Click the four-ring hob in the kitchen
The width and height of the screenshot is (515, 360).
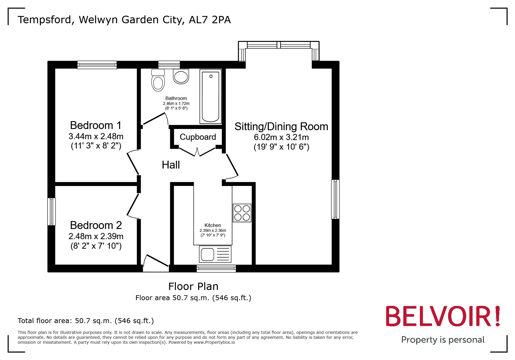pos(242,213)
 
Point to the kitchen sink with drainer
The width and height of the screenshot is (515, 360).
pos(215,254)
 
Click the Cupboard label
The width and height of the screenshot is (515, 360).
pos(198,137)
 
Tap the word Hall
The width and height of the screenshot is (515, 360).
pos(171,165)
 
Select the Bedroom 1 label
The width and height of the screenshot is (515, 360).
pos(96,125)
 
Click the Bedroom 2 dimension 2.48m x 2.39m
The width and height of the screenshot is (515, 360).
pos(96,236)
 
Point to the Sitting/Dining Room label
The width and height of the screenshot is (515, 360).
pos(281,126)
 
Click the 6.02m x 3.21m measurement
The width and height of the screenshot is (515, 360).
pos(281,137)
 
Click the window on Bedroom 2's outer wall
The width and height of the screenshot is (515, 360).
pos(51,212)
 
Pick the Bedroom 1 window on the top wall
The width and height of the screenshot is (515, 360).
pos(97,65)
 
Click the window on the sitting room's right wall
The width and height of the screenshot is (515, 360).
pos(335,199)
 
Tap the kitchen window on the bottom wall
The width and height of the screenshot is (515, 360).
pos(216,268)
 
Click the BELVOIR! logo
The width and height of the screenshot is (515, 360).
pos(443,316)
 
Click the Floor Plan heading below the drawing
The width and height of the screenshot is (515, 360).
pos(193,286)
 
